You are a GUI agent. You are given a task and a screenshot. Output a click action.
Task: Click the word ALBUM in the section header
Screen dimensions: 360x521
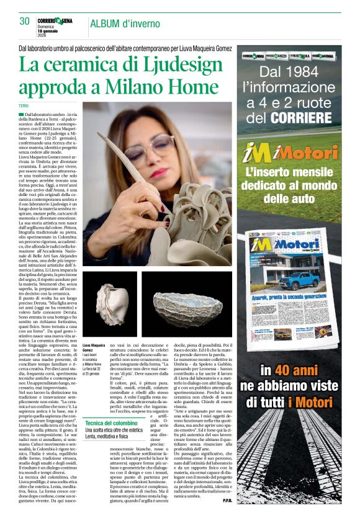[107, 24]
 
